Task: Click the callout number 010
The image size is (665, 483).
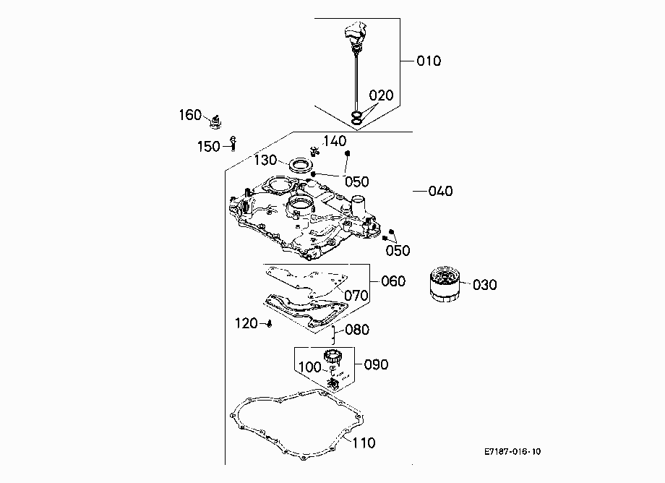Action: [429, 61]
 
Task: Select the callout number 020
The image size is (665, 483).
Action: [381, 95]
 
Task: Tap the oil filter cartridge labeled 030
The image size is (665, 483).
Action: [444, 284]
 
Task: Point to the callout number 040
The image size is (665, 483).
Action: [440, 192]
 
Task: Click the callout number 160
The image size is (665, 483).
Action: [190, 115]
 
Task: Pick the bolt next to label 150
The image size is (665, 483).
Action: [233, 143]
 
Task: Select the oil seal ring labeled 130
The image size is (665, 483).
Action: [301, 165]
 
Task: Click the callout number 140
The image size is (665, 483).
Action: [335, 141]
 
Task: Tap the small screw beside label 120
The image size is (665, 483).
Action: [269, 324]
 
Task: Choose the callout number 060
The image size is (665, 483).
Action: [393, 281]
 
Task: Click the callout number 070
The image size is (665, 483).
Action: [356, 295]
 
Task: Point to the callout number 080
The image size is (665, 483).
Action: [357, 330]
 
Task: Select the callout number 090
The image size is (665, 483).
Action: [376, 364]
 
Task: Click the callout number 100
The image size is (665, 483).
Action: [310, 367]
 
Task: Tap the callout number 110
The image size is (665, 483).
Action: [364, 443]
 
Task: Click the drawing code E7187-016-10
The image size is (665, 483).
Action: [512, 452]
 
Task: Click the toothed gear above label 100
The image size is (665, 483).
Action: [333, 356]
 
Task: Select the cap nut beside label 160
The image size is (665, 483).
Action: [216, 122]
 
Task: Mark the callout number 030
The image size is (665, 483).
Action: [485, 285]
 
